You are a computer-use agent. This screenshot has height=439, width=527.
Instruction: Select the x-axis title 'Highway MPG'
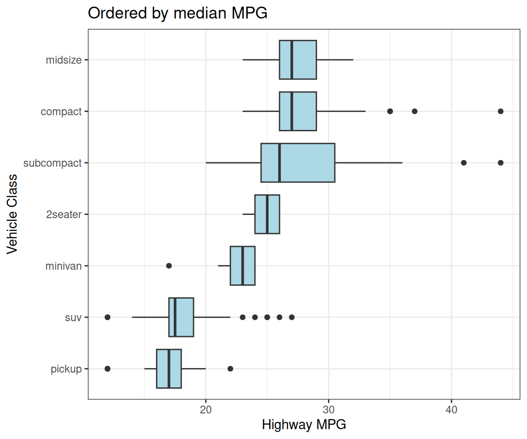(x=304, y=425)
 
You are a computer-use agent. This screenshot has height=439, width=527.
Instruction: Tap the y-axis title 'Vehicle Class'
(x=12, y=214)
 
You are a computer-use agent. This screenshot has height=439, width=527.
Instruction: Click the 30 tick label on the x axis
(x=328, y=409)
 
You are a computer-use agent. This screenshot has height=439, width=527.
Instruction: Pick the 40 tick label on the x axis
(x=452, y=409)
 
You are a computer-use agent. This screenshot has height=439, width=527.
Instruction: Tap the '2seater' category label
(x=64, y=214)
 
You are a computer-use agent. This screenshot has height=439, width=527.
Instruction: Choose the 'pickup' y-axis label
(x=66, y=369)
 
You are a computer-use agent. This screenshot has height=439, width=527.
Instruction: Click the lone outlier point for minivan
(x=169, y=266)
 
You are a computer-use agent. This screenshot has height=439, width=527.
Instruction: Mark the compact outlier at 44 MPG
(x=500, y=111)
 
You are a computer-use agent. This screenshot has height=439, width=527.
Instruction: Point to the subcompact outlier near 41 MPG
(x=463, y=163)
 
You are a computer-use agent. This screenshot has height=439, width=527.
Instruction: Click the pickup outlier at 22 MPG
(x=230, y=369)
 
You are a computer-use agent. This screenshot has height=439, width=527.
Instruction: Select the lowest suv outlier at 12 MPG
(x=108, y=317)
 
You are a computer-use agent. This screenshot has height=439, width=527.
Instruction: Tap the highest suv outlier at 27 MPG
(x=291, y=317)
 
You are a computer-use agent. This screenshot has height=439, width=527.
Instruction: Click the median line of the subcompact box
(x=280, y=163)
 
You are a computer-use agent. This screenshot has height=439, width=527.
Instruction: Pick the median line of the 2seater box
(x=267, y=214)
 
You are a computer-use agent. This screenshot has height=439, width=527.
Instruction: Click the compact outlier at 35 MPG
(x=390, y=111)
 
